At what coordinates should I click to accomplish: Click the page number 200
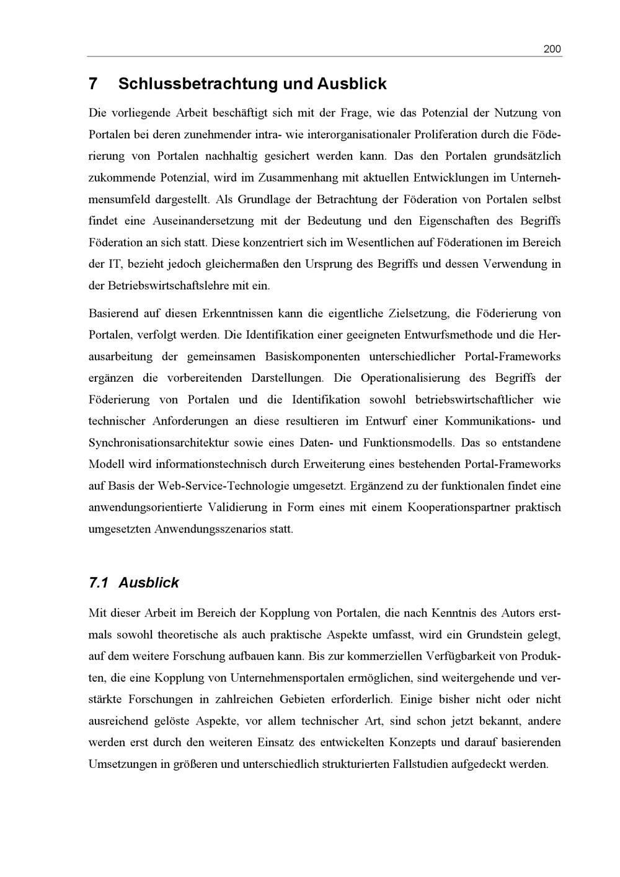click(552, 49)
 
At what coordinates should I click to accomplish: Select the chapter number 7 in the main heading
click(94, 84)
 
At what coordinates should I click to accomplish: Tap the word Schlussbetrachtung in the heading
click(198, 84)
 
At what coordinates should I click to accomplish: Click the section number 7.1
click(99, 583)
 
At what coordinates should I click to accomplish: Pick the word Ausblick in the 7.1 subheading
click(149, 583)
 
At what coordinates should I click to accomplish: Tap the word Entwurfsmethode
click(448, 335)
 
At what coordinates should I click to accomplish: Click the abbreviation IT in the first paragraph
click(114, 264)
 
